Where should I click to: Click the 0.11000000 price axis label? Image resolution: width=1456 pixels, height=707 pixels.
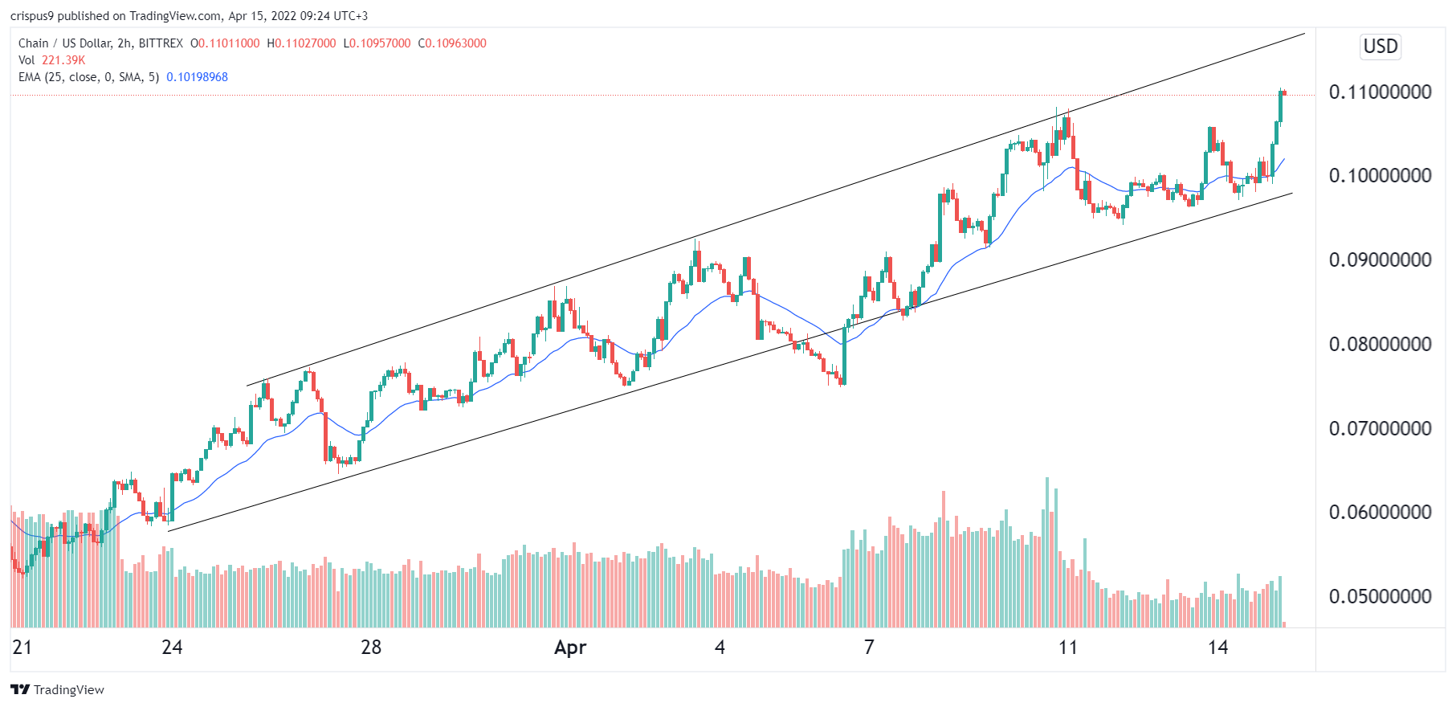coord(1380,92)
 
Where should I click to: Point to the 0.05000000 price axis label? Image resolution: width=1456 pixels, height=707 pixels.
coord(1380,596)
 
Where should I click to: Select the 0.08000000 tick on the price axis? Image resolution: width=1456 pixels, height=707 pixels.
coord(1380,344)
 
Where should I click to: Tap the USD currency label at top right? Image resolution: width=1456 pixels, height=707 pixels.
coord(1381,46)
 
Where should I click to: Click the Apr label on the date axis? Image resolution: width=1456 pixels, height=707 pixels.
coord(570,648)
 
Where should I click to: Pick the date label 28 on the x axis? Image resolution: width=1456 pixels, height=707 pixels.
coord(371,648)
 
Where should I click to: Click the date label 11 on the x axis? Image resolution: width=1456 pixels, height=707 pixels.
coord(1067,648)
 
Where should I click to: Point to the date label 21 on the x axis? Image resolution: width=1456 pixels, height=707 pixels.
coord(22,648)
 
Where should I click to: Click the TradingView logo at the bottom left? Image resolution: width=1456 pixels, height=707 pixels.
coord(57,689)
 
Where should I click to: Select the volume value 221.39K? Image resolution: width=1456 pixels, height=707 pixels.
coord(63,60)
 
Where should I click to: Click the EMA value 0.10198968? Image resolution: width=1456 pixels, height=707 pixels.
coord(197,77)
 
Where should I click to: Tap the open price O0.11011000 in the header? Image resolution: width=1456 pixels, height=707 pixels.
coord(225,43)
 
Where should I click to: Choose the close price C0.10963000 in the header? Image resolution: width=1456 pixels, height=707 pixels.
coord(452,43)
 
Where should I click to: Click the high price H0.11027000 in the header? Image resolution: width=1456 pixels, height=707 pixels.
coord(301,43)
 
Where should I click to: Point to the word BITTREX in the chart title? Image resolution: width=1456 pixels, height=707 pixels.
coord(161,43)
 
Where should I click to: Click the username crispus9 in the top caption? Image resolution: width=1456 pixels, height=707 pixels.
coord(31,16)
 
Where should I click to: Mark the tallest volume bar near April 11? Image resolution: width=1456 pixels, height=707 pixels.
coord(1046,552)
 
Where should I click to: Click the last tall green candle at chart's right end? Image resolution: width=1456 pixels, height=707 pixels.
coord(1281,106)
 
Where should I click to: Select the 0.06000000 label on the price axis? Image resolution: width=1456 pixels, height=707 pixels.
coord(1380,512)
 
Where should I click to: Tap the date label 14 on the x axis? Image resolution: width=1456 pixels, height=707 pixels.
coord(1217,648)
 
